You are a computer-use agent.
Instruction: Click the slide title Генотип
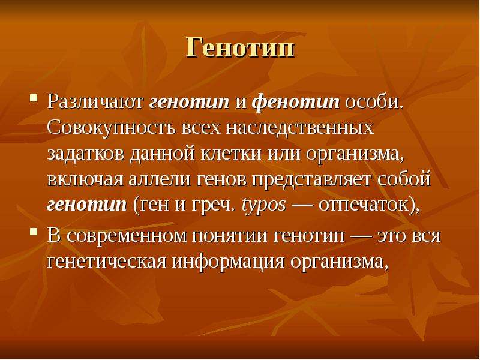(241, 47)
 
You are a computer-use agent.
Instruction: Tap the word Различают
(95, 101)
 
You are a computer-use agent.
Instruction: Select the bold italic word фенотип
(296, 102)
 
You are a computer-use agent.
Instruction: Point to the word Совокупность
(112, 128)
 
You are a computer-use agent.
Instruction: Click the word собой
(404, 178)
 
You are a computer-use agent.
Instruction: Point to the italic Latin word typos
(263, 205)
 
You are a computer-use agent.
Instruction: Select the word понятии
(230, 236)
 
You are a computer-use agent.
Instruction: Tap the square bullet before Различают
(34, 98)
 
